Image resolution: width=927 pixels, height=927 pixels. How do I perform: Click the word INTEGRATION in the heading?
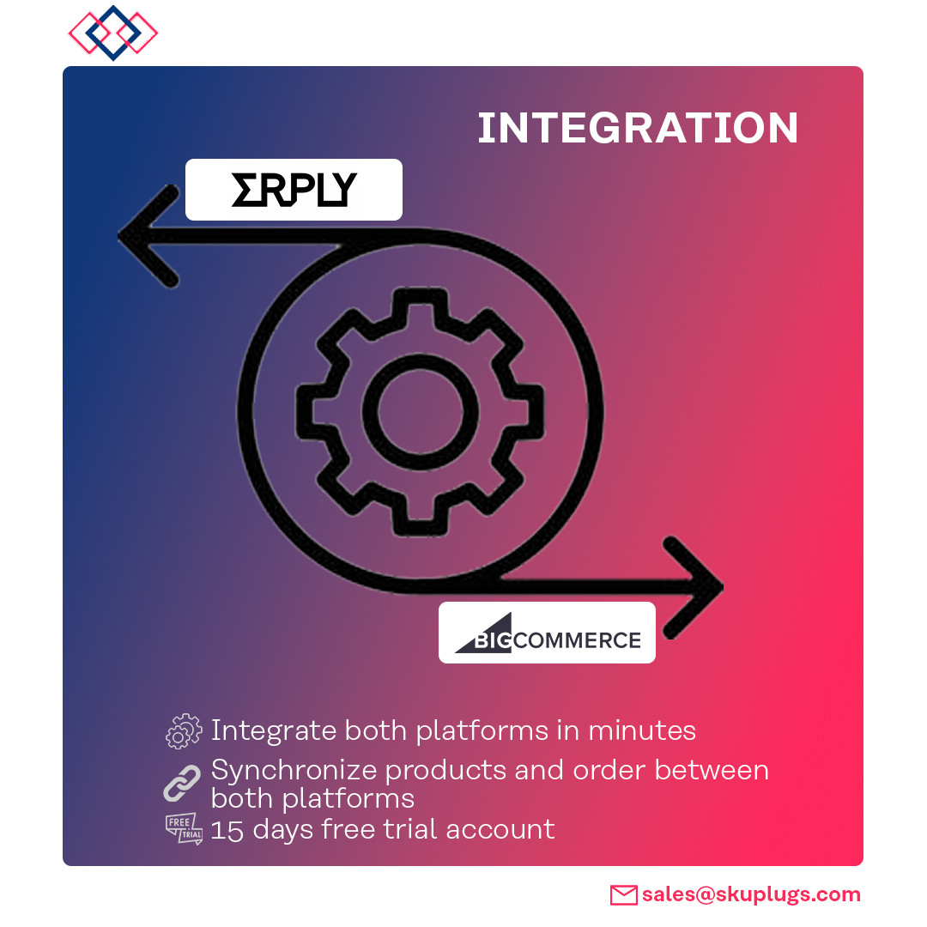click(x=637, y=128)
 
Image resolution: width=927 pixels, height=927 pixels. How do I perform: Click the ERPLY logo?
click(x=294, y=190)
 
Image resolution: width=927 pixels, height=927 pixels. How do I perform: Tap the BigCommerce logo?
click(x=548, y=633)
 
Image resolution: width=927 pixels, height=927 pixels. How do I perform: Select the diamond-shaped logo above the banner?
click(x=113, y=33)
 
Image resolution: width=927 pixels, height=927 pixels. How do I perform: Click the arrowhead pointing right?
click(x=694, y=587)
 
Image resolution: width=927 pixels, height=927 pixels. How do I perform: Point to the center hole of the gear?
click(x=420, y=411)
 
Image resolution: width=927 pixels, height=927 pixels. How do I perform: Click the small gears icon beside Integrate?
click(x=184, y=731)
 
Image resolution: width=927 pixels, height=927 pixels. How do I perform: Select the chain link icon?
click(x=182, y=784)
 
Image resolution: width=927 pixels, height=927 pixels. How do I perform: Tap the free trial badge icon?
click(x=184, y=829)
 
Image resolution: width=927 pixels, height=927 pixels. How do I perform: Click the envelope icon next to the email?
click(x=624, y=895)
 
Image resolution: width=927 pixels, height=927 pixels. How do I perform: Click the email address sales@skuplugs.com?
click(x=751, y=894)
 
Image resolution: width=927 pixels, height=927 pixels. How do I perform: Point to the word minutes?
click(x=642, y=730)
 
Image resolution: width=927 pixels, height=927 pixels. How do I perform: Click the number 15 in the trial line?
click(x=227, y=830)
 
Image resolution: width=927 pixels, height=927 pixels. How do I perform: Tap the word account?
click(x=500, y=829)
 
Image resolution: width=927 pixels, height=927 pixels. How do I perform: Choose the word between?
click(x=712, y=770)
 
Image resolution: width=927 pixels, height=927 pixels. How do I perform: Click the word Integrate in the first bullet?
click(x=275, y=731)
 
